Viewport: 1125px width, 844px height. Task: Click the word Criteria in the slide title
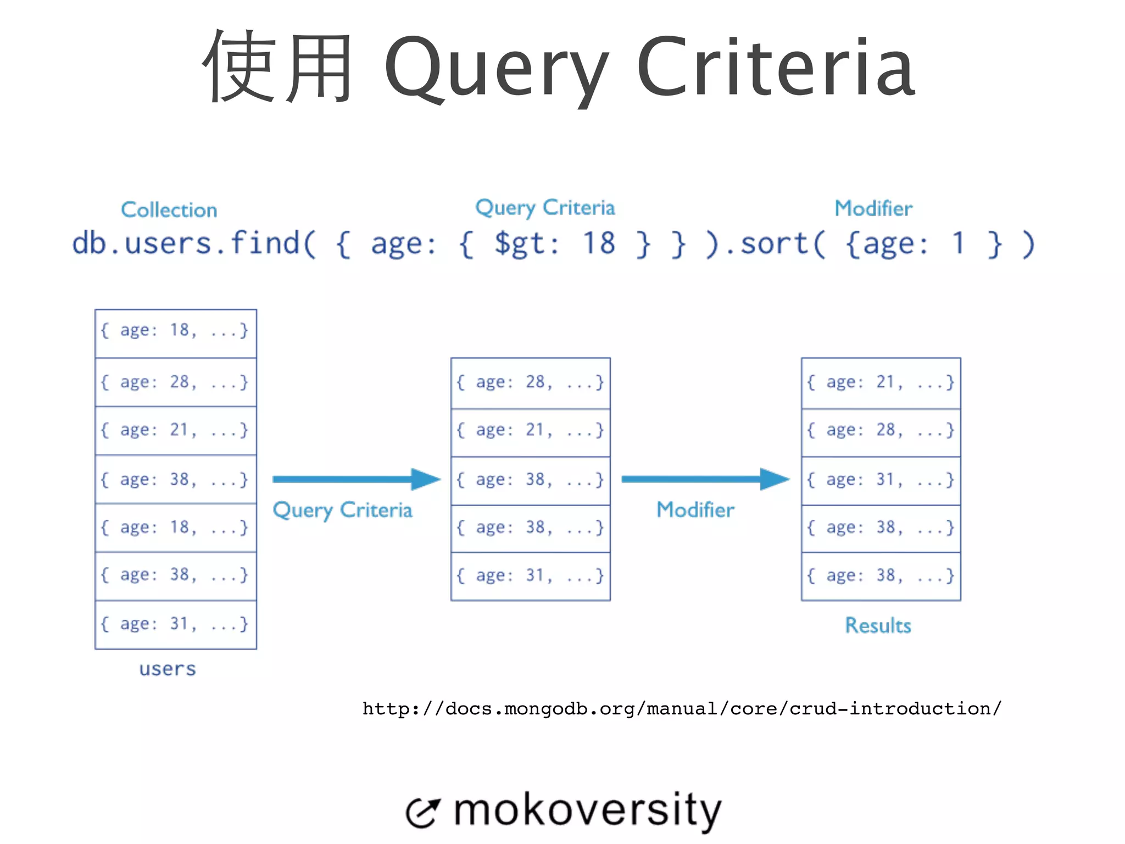click(x=776, y=67)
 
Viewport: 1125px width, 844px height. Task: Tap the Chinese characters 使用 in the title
click(x=278, y=67)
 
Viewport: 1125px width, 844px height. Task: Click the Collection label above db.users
click(x=169, y=210)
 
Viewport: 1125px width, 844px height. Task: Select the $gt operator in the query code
click(x=526, y=243)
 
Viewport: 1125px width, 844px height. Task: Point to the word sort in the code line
click(x=775, y=243)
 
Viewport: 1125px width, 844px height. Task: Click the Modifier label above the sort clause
click(x=873, y=209)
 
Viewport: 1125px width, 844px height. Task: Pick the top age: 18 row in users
click(x=175, y=331)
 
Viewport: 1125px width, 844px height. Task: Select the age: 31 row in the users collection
click(x=175, y=624)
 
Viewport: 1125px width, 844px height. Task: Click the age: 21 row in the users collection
click(x=175, y=430)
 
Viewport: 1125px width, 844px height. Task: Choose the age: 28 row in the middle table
click(x=530, y=382)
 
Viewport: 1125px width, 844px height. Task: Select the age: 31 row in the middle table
click(x=530, y=576)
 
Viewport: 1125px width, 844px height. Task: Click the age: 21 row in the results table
click(x=881, y=382)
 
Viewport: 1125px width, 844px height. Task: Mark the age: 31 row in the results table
click(x=881, y=480)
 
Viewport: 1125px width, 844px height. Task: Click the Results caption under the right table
click(x=878, y=626)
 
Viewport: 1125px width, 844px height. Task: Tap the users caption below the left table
click(x=168, y=669)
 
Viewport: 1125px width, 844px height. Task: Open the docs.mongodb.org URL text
click(x=682, y=709)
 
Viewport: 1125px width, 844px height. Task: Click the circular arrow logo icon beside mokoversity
click(x=422, y=813)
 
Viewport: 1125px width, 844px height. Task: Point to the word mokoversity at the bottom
click(x=587, y=810)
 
